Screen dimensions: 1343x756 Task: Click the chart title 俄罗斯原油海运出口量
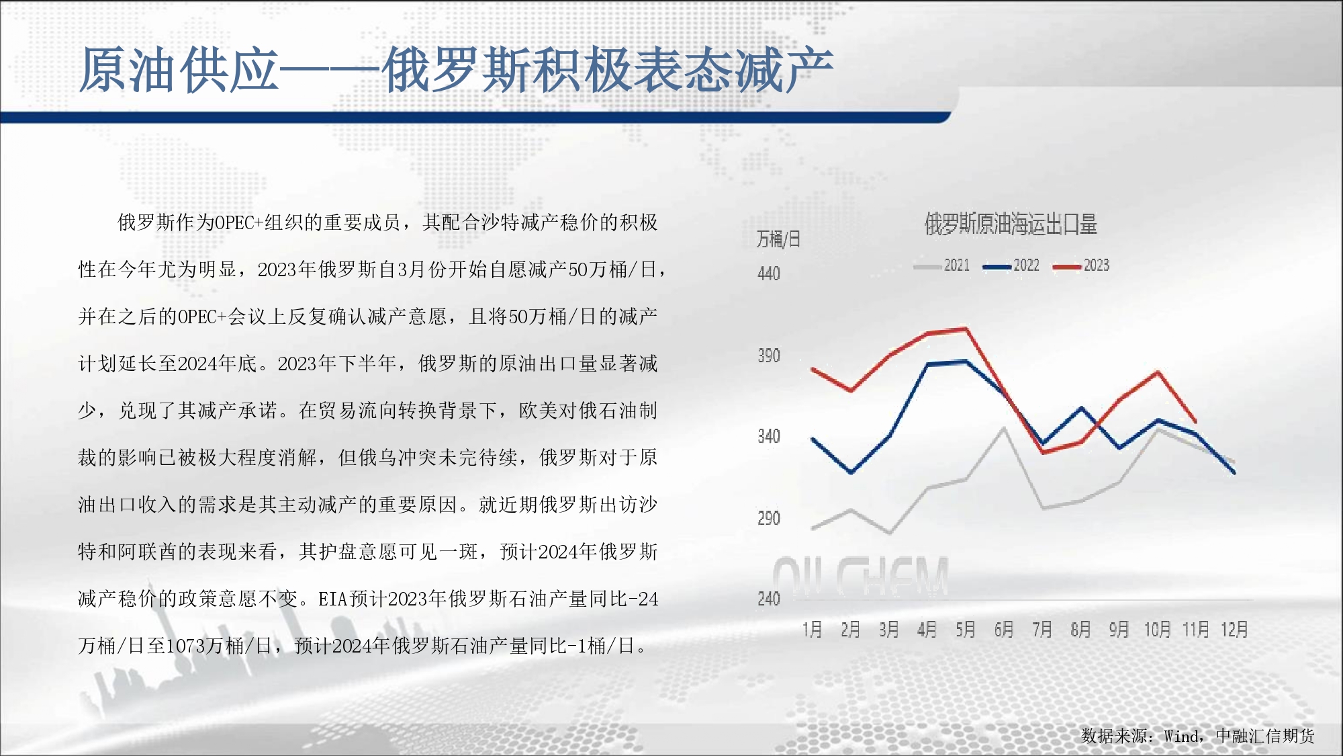1011,224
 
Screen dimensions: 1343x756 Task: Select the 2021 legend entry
941,265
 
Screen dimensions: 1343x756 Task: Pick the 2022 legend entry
1011,265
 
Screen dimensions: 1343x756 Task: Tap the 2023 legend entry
1081,265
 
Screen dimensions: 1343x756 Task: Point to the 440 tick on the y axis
769,274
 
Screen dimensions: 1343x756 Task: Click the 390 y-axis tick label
769,355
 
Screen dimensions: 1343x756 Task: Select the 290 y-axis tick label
769,518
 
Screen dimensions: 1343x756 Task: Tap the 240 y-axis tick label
769,599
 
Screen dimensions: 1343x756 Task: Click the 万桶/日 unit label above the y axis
778,239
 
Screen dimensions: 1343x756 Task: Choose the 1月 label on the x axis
813,630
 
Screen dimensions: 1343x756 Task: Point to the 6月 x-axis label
1004,630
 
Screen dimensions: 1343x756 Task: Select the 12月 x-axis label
1234,630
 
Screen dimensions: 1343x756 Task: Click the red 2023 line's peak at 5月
966,329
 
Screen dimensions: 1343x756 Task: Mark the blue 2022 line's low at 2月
851,472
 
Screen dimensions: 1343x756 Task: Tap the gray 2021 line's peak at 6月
1004,428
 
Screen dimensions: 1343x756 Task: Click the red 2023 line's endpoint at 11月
1196,421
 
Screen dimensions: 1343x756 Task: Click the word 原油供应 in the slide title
179,70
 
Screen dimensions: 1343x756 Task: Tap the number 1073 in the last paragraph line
185,646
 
